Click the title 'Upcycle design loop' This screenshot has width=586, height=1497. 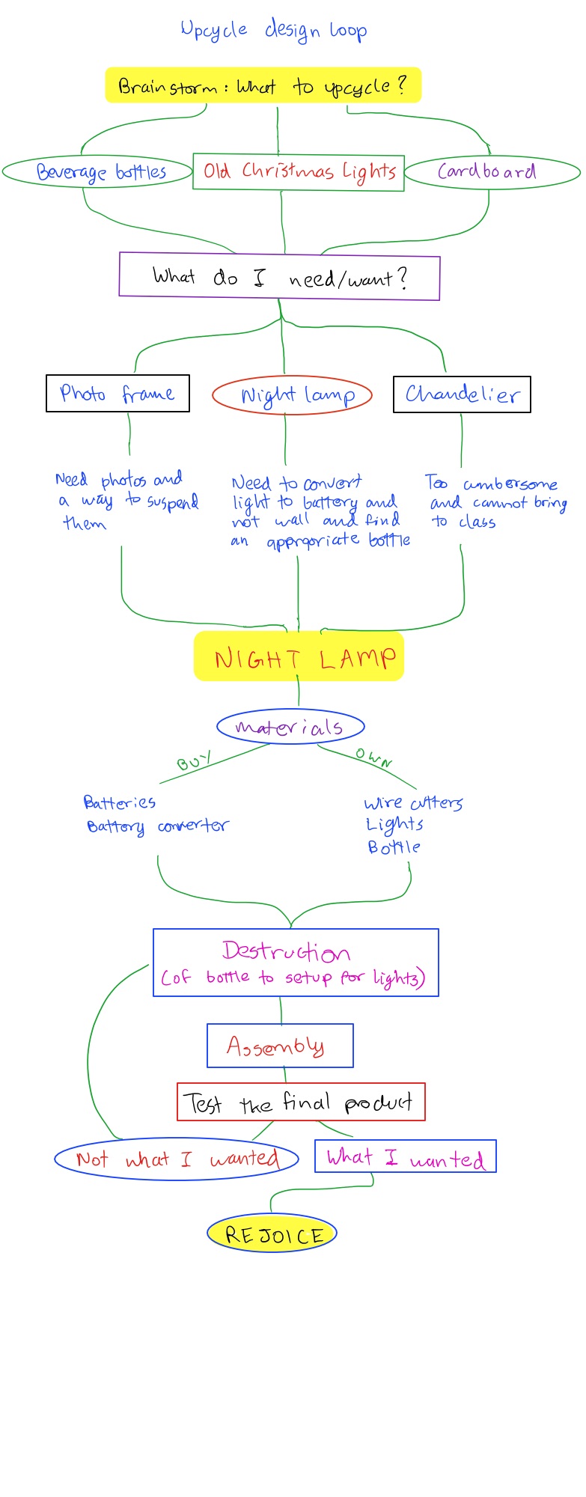click(274, 31)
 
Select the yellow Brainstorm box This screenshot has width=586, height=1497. click(263, 86)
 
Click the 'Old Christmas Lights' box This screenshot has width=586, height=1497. click(299, 172)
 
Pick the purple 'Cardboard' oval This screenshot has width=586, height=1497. click(492, 172)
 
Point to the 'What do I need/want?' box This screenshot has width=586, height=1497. click(279, 277)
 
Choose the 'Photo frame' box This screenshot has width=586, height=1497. click(117, 394)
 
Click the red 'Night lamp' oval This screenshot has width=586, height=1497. click(292, 396)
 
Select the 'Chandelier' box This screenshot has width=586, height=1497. click(462, 394)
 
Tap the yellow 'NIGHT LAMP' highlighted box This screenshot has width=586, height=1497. click(299, 657)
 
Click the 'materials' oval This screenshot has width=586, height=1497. click(290, 727)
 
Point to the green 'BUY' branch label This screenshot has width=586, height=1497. click(193, 762)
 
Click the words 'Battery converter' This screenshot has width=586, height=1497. click(157, 826)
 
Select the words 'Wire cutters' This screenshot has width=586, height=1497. click(413, 803)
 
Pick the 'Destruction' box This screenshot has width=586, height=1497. click(296, 963)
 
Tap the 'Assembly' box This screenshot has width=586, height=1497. click(280, 1046)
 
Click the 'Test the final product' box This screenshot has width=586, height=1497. click(301, 1102)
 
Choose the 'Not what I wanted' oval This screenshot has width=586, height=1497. click(177, 1159)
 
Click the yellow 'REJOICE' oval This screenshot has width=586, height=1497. click(272, 1234)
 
